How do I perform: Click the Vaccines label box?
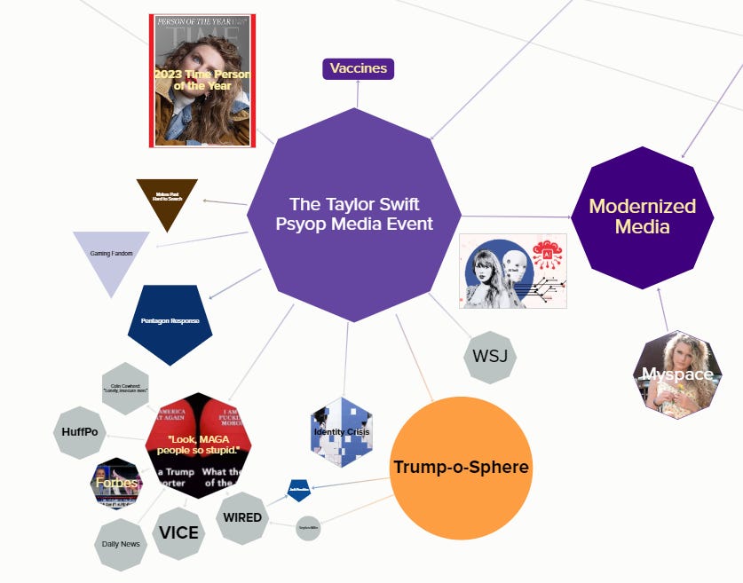pos(359,68)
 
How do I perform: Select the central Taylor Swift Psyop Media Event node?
pos(354,214)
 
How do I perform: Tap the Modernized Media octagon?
pos(643,217)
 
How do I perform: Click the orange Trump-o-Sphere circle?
pos(461,468)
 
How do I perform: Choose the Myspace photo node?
pos(677,374)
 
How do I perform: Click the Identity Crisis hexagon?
pos(341,432)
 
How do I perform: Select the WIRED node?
pos(242,517)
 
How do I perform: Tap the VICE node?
pos(179,532)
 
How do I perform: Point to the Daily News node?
pos(121,544)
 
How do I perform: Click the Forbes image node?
pos(117,484)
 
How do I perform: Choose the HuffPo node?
pos(80,431)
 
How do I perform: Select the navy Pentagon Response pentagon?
pos(170,321)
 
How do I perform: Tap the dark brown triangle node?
pos(167,200)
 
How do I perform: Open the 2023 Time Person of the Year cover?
pos(202,80)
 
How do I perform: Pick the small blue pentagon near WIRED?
pos(298,490)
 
